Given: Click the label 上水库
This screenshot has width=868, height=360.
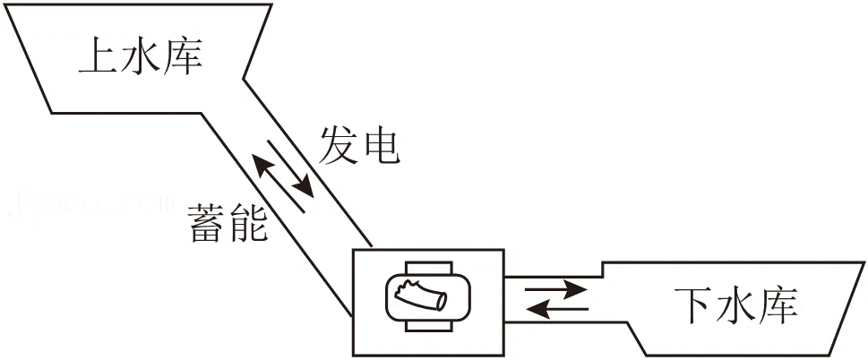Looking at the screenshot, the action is coord(141,56).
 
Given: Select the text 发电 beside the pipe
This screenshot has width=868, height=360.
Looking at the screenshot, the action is coord(359,146).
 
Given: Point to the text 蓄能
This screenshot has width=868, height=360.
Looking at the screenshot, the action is coord(228,223).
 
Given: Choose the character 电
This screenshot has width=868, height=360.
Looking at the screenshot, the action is coord(380,146).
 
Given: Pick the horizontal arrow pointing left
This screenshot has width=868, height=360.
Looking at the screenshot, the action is coord(556,308).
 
